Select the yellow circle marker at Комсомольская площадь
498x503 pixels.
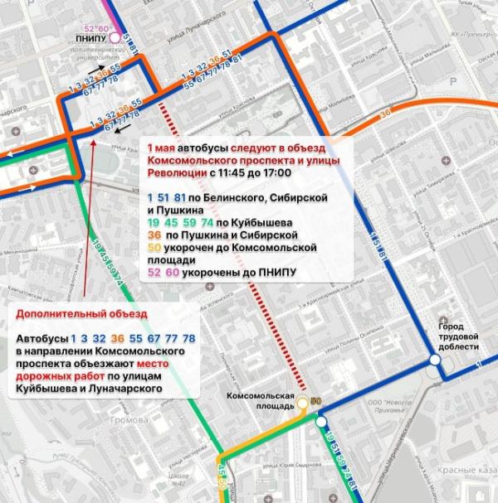point(303,403)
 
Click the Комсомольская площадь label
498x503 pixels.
point(261,401)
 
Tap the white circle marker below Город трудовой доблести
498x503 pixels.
point(434,360)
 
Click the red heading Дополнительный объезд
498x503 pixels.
point(81,315)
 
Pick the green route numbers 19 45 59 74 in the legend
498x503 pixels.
point(178,222)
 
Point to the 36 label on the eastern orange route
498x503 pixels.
point(384,114)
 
